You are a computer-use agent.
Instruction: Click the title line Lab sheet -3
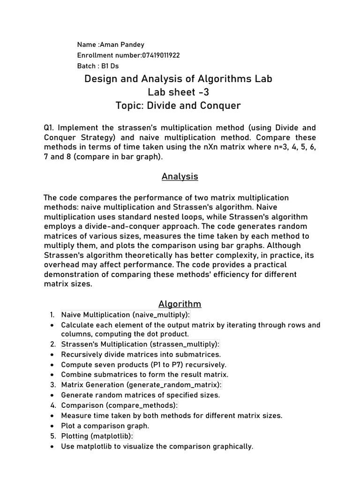(x=178, y=92)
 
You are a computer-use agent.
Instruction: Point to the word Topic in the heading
(x=129, y=105)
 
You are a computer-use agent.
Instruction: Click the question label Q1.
(x=49, y=127)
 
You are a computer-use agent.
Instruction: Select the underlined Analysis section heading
(x=180, y=177)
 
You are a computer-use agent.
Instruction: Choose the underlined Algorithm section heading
(x=180, y=304)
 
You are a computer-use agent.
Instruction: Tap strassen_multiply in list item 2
(x=185, y=344)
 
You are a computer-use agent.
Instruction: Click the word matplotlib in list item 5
(x=112, y=436)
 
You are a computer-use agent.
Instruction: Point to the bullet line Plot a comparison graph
(x=105, y=426)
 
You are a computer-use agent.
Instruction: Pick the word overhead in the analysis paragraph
(x=60, y=265)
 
